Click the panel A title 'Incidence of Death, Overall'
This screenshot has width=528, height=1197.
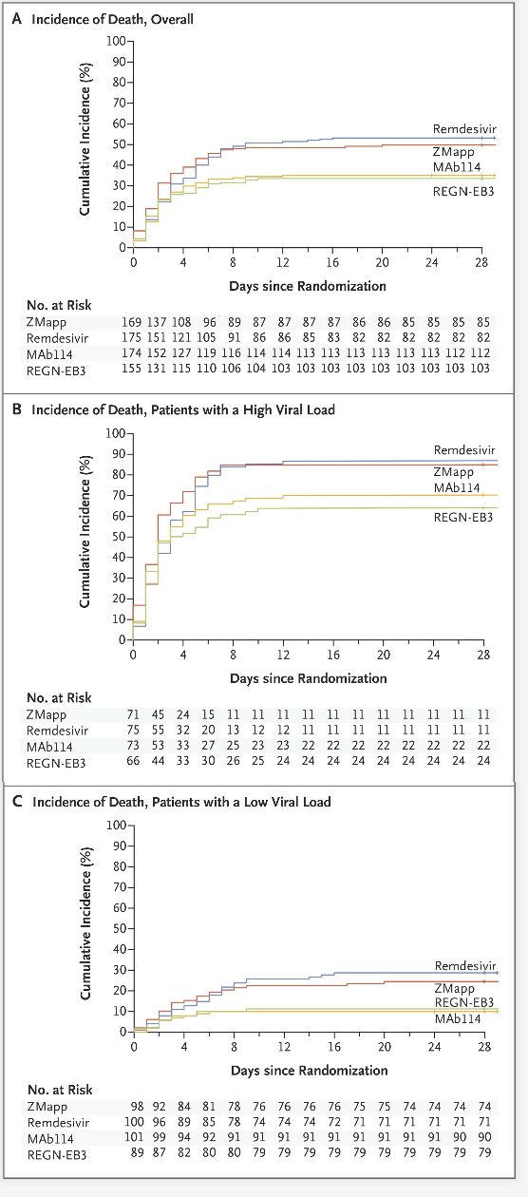(x=112, y=19)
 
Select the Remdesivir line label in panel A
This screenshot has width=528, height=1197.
(x=464, y=129)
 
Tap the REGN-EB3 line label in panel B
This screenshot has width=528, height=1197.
(x=463, y=517)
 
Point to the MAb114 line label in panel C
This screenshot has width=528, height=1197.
(x=458, y=1018)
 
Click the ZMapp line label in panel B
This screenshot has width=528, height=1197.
(x=454, y=472)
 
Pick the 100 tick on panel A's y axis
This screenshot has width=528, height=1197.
(x=116, y=41)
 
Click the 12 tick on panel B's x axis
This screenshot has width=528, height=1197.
(x=283, y=655)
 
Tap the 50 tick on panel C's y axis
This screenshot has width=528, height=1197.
(x=120, y=928)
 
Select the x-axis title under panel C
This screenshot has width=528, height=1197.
(x=309, y=1071)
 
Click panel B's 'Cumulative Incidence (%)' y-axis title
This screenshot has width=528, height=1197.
(x=85, y=531)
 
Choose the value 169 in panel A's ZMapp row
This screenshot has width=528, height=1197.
(x=131, y=322)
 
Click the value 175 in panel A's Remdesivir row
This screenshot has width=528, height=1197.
(x=131, y=338)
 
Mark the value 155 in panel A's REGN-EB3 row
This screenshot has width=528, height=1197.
(x=131, y=369)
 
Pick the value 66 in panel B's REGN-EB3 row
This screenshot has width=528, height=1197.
(x=133, y=760)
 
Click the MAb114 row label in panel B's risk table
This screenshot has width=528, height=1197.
(x=49, y=747)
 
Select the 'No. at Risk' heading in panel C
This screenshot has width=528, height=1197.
(x=60, y=1090)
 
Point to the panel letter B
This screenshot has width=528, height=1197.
(x=17, y=409)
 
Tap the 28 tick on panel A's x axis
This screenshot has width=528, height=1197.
(x=481, y=262)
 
